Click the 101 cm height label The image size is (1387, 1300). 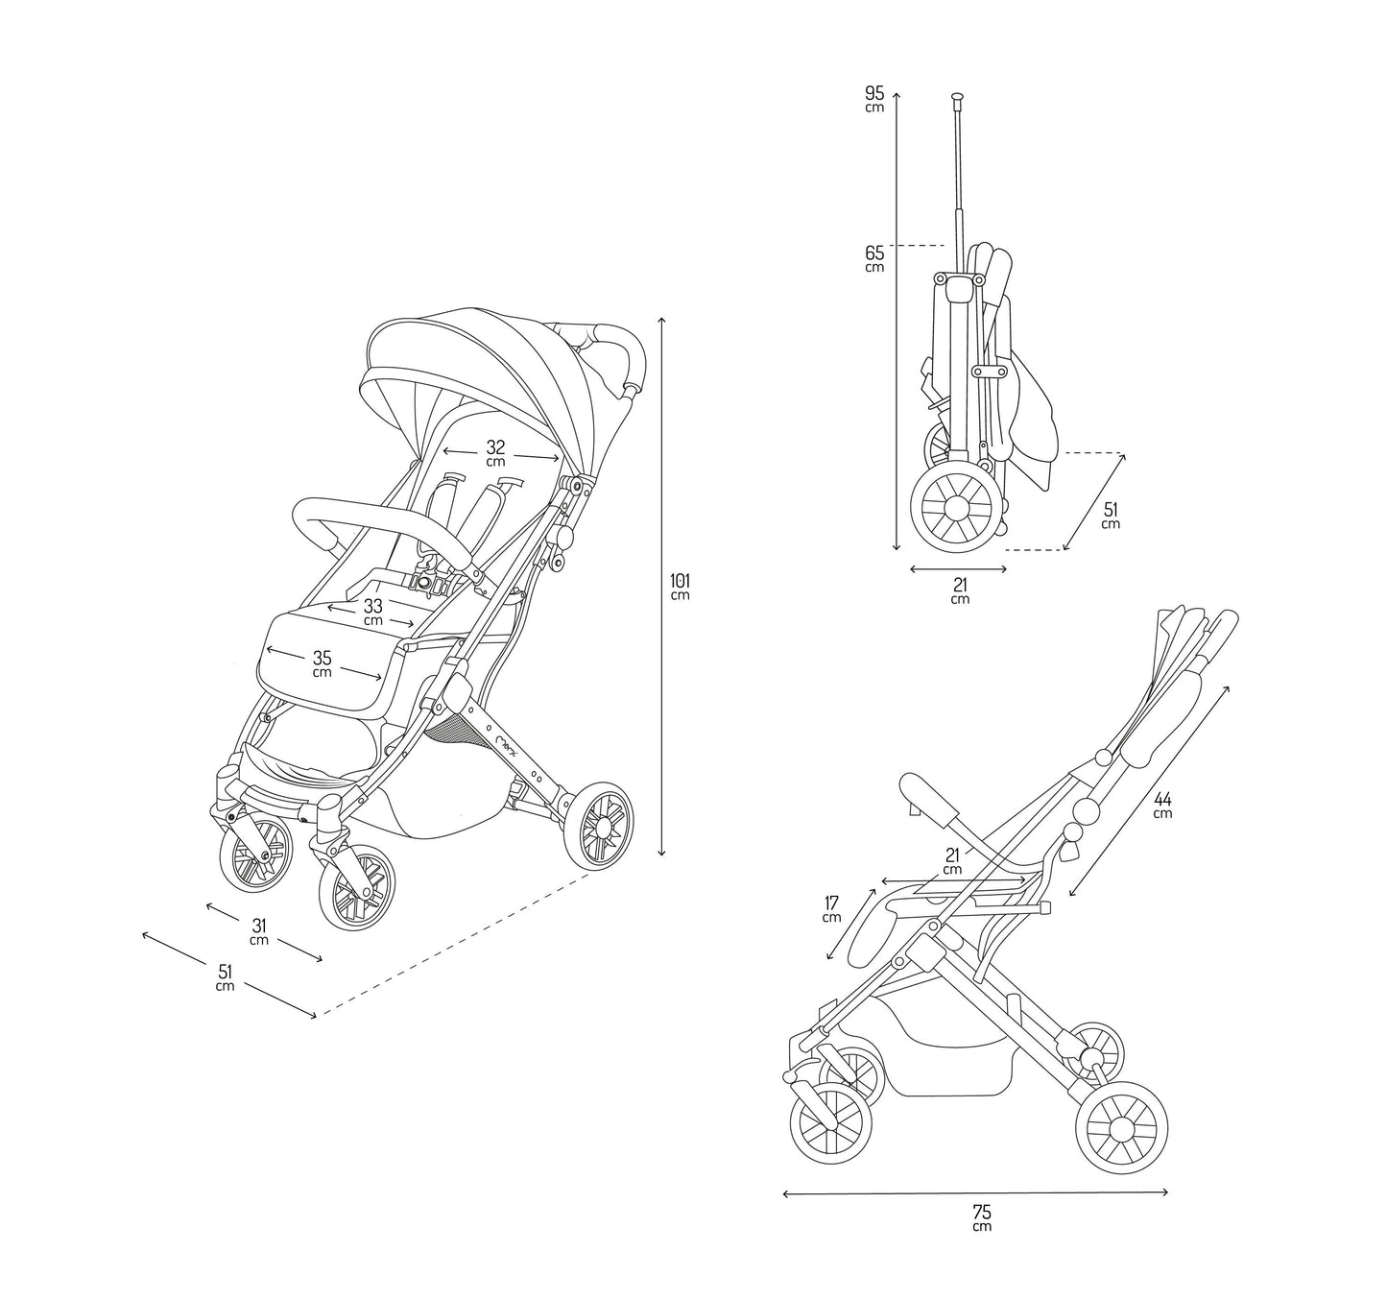pyautogui.click(x=680, y=586)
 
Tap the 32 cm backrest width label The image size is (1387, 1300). pyautogui.click(x=495, y=453)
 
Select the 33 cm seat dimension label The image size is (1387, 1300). pyautogui.click(x=373, y=612)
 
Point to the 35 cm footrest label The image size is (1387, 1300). pyautogui.click(x=322, y=663)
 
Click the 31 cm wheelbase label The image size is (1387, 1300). pyautogui.click(x=259, y=931)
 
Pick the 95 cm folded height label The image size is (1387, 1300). pyautogui.click(x=874, y=99)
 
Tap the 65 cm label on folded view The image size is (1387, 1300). pyautogui.click(x=874, y=258)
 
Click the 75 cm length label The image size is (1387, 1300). pyautogui.click(x=981, y=1216)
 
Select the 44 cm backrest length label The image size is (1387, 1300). pyautogui.click(x=1162, y=805)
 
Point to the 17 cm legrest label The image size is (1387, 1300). pyautogui.click(x=831, y=908)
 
